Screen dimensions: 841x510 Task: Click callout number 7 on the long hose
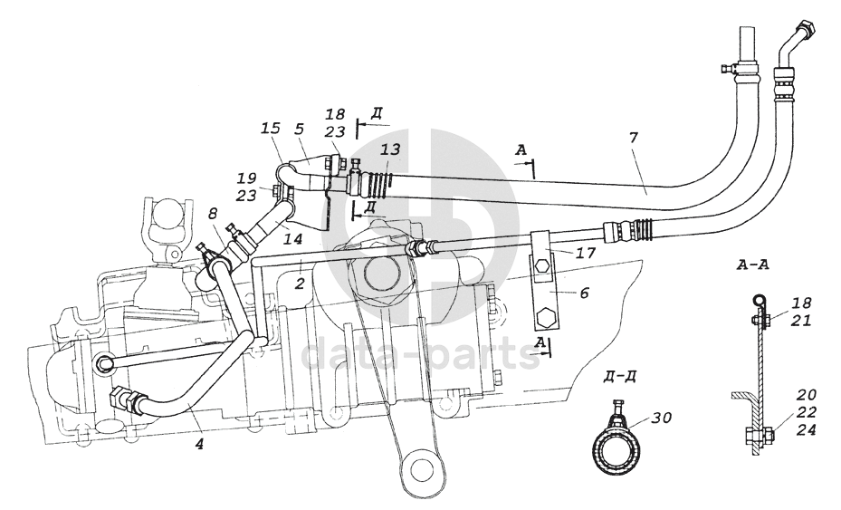click(634, 138)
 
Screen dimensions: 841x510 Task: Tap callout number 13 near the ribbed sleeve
click(390, 149)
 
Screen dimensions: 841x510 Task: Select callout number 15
click(271, 129)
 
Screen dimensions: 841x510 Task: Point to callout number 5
click(300, 129)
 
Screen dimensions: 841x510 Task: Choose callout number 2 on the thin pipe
click(300, 283)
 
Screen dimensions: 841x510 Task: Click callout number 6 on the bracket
click(584, 293)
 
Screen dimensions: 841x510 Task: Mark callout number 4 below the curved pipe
click(199, 444)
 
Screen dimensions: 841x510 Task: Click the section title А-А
click(753, 265)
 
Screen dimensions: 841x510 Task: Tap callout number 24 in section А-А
click(805, 429)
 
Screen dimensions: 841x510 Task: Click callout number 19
click(246, 178)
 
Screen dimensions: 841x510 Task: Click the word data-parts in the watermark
click(421, 354)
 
